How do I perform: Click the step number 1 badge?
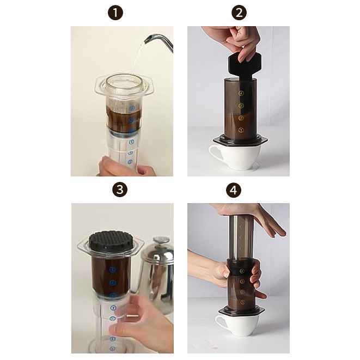[x=116, y=13]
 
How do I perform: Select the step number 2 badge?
[x=238, y=13]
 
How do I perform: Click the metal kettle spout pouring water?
[x=161, y=40]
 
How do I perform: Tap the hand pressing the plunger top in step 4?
[x=256, y=215]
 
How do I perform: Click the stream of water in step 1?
[x=136, y=60]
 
